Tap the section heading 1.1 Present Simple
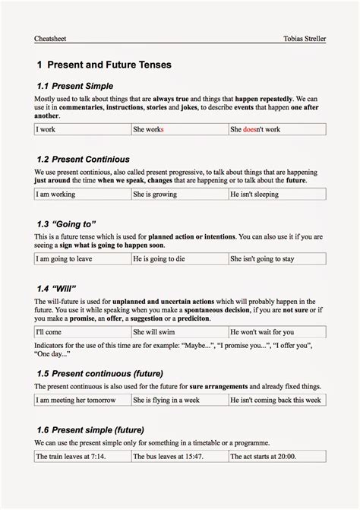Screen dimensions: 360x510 point(75,87)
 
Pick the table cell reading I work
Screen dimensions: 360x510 point(46,129)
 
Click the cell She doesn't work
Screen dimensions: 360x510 point(255,129)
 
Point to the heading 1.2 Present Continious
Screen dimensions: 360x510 point(83,160)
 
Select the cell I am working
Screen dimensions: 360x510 point(55,194)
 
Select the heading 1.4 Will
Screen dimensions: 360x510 point(58,290)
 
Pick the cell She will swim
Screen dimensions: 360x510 point(154,331)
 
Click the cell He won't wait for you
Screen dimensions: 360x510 point(262,331)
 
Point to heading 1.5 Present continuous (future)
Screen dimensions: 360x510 point(99,373)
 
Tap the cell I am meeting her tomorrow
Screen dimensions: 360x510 point(74,399)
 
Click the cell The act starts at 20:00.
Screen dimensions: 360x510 point(264,456)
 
